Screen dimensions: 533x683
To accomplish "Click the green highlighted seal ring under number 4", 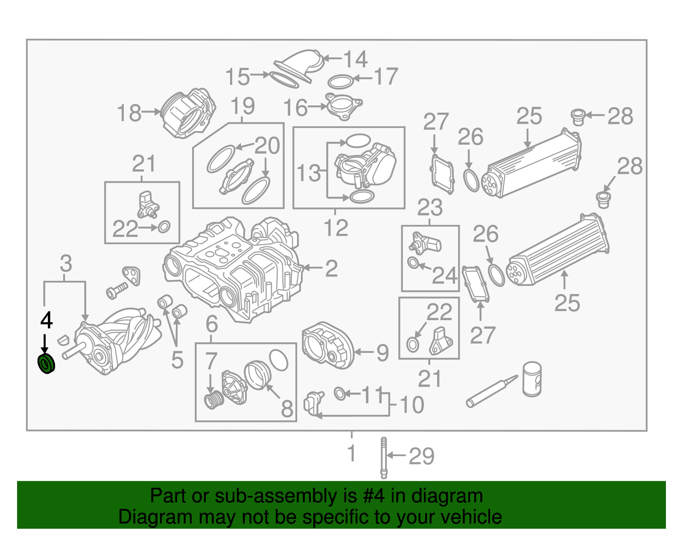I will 46,364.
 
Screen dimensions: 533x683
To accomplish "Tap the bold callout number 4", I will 46,320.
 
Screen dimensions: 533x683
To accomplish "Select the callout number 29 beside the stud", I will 421,457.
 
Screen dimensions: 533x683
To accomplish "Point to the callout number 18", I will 129,113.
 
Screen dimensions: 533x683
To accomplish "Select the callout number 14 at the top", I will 355,59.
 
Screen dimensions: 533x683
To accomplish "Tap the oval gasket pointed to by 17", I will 340,82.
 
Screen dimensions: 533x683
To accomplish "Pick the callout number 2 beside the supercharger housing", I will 331,269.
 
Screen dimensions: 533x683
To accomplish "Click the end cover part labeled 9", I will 328,345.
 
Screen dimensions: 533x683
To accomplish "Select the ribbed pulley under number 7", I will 213,401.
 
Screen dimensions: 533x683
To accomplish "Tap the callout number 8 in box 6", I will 287,409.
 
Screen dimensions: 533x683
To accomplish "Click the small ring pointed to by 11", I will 340,393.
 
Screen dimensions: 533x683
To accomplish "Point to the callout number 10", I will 412,405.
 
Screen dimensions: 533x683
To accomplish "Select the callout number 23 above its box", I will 430,208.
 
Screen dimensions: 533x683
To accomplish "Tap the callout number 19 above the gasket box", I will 242,106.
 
